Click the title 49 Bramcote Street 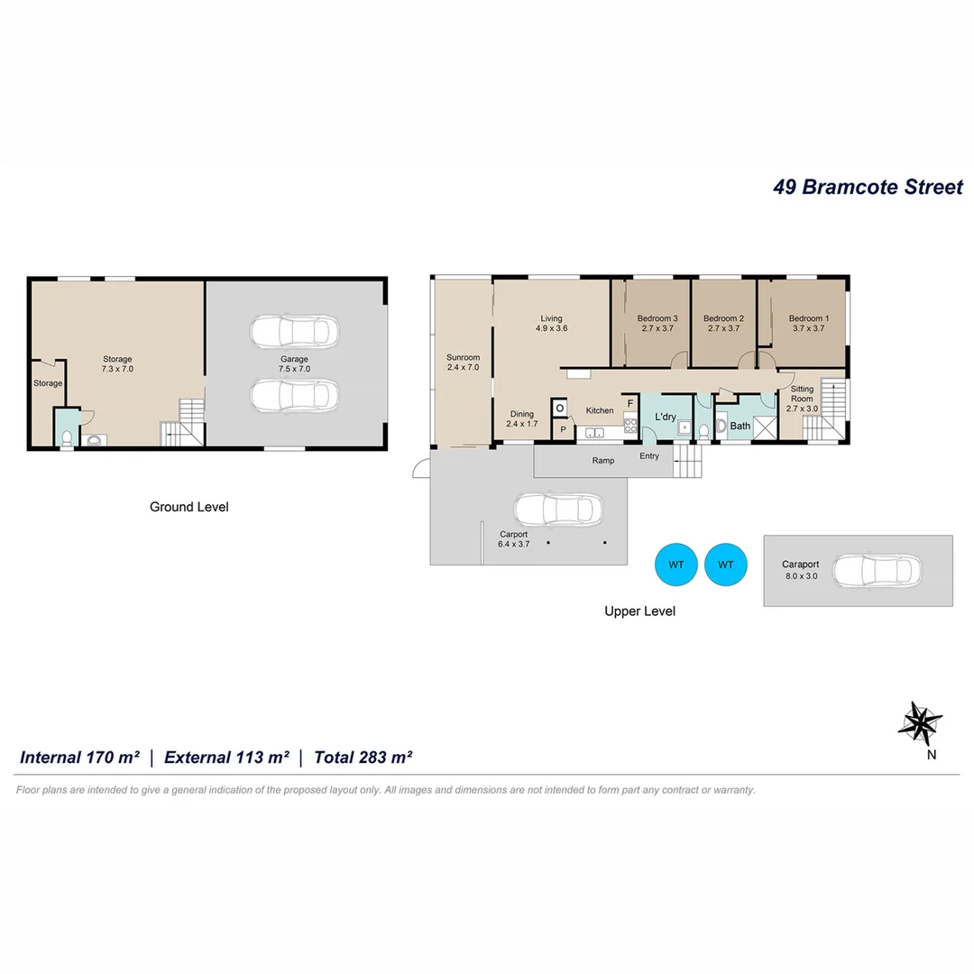(x=868, y=187)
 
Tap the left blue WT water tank (x=676, y=565)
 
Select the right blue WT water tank (x=726, y=565)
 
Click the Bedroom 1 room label (x=808, y=318)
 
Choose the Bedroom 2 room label (x=723, y=318)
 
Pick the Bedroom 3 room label (x=657, y=318)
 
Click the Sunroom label (x=463, y=357)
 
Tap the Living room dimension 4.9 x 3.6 (x=551, y=329)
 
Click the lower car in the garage (x=294, y=395)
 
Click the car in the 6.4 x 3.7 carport (x=557, y=510)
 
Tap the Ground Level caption (x=188, y=507)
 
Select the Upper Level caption (x=639, y=611)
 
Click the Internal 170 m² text (x=79, y=758)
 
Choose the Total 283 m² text (x=363, y=758)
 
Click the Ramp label (x=603, y=461)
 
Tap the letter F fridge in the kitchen (x=630, y=402)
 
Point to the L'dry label (x=666, y=417)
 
